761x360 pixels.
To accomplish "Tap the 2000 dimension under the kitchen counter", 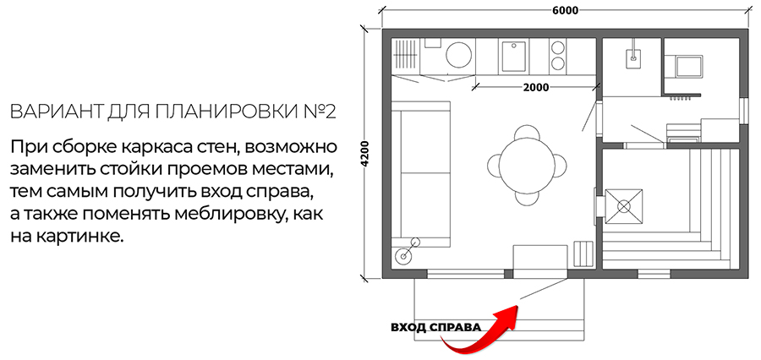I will click(536, 87).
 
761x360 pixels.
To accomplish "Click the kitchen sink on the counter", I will click(513, 57).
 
